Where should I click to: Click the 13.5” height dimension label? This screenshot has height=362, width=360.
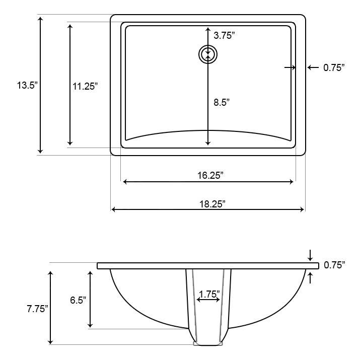[x=27, y=86]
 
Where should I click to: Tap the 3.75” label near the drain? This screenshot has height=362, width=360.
[x=224, y=36]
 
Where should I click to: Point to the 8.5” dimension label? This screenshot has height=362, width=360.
[x=222, y=102]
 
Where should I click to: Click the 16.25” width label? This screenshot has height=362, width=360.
[x=208, y=175]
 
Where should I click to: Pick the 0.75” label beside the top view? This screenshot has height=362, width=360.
[x=333, y=67]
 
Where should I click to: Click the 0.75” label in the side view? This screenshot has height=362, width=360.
[x=334, y=265]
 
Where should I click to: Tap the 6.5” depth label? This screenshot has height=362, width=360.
[x=77, y=300]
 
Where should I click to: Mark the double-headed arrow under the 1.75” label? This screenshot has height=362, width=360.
[x=208, y=300]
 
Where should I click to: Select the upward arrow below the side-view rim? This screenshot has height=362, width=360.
[x=310, y=277]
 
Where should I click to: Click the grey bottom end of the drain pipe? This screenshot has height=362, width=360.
[x=208, y=344]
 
